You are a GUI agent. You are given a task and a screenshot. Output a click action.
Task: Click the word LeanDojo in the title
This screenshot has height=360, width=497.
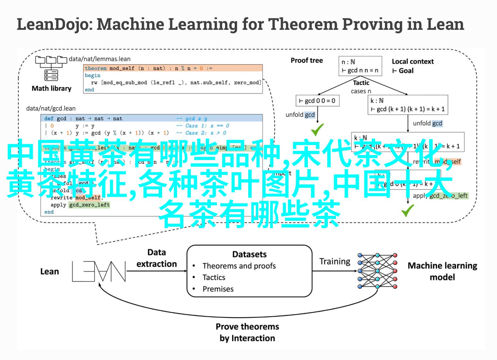tap(53, 24)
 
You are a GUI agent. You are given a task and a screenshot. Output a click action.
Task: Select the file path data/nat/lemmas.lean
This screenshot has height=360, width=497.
tap(100, 59)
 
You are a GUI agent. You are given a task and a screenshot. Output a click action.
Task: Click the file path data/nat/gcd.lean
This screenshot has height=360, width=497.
tap(51, 108)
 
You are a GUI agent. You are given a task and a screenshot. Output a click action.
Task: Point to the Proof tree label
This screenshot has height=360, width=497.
tap(306, 61)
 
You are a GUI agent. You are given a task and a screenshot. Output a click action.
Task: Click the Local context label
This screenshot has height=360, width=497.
tap(412, 61)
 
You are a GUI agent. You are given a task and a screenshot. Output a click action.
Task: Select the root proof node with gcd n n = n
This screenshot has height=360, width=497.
tap(360, 66)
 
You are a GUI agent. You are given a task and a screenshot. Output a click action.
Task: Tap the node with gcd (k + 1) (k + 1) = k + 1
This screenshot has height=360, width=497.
tap(407, 105)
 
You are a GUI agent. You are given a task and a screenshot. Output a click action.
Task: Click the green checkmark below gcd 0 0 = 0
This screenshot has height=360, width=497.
tap(317, 130)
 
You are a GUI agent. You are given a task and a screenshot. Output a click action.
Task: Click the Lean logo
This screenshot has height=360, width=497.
tap(99, 271)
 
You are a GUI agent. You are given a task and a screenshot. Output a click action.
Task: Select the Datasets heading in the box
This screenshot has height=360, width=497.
tap(249, 254)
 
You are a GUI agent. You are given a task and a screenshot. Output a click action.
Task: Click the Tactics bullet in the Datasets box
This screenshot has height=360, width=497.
tap(214, 277)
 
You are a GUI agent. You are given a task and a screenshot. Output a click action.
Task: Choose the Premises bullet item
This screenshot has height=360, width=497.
tap(218, 289)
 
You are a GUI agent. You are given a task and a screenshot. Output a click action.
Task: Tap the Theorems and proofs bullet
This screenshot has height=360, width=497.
tap(239, 266)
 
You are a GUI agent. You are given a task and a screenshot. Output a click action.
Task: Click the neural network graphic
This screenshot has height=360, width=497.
tap(377, 271)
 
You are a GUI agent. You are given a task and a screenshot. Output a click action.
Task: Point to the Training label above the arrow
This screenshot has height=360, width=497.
tap(335, 261)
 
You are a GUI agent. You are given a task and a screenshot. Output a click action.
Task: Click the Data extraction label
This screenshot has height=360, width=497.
tap(157, 258)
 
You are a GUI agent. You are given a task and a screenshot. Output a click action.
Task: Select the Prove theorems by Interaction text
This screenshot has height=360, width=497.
tap(247, 332)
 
